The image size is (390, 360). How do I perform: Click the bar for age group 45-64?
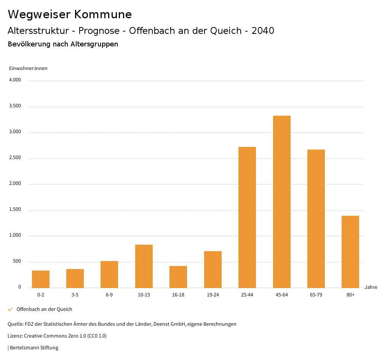(281, 202)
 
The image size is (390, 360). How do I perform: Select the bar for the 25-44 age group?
(247, 217)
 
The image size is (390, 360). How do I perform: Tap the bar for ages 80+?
(350, 252)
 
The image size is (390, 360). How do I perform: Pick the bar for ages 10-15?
(144, 266)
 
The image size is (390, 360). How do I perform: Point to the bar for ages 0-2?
(41, 279)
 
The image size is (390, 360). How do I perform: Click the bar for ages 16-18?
(178, 277)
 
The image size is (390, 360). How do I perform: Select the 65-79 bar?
(316, 218)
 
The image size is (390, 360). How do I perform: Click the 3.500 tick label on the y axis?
(15, 106)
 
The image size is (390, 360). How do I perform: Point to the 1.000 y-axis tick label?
(15, 236)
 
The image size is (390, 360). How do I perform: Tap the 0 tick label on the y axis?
(19, 287)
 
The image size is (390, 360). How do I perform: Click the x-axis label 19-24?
(213, 295)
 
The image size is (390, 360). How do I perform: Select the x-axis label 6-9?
(109, 295)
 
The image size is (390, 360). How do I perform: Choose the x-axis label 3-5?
(75, 295)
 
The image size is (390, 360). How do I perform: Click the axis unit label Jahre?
(371, 287)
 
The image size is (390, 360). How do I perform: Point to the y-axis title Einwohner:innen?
(28, 68)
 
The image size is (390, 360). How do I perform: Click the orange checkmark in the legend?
(10, 309)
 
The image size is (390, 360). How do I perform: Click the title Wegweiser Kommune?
(70, 14)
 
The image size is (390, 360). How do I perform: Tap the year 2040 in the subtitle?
(263, 31)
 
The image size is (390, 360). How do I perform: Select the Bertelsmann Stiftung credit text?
(34, 348)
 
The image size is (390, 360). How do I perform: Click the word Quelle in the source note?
(15, 324)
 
